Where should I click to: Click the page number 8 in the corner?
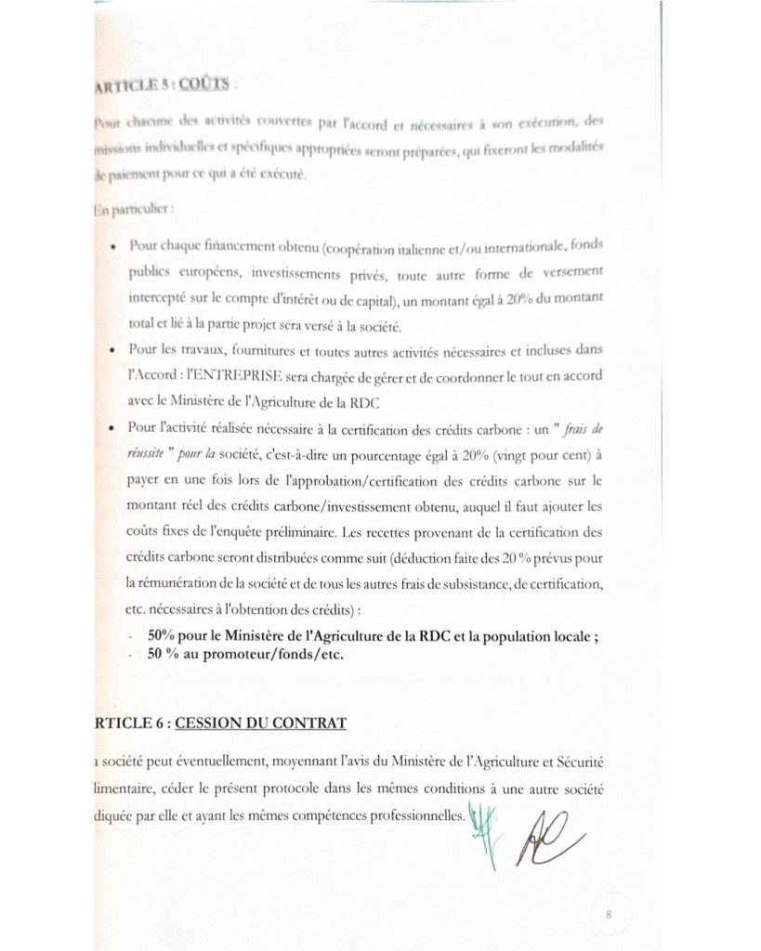click(x=608, y=914)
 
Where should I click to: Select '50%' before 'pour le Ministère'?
click(x=162, y=636)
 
